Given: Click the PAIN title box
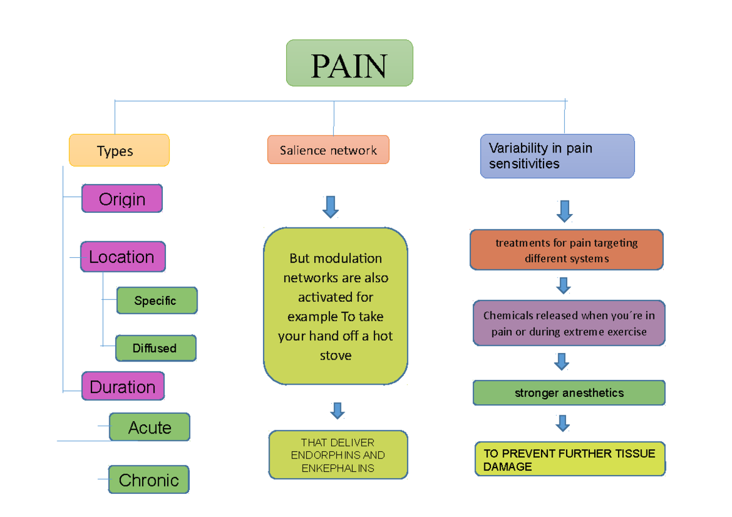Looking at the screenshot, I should pyautogui.click(x=350, y=63).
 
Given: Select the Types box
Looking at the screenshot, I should pyautogui.click(x=119, y=151).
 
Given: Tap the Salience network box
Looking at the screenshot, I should pyautogui.click(x=328, y=150).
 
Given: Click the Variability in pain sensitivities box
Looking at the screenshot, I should pyautogui.click(x=557, y=156).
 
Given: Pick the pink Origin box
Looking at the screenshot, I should pyautogui.click(x=122, y=199).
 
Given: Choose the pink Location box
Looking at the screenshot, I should pyautogui.click(x=122, y=257).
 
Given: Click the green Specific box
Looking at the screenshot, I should pyautogui.click(x=156, y=301).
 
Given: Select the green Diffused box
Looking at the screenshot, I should pyautogui.click(x=156, y=348).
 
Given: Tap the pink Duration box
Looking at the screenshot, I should pyautogui.click(x=123, y=387).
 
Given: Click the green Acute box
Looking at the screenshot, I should pyautogui.click(x=149, y=427).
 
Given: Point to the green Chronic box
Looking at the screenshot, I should pyautogui.click(x=149, y=480).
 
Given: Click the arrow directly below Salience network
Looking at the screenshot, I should pyautogui.click(x=331, y=207).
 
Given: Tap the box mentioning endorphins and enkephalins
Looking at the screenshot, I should pyautogui.click(x=338, y=455).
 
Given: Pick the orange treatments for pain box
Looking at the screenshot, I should pyautogui.click(x=566, y=251).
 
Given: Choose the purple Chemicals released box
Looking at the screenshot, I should pyautogui.click(x=569, y=324).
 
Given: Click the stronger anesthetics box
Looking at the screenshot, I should pyautogui.click(x=569, y=393).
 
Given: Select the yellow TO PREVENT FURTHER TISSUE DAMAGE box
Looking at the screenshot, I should pyautogui.click(x=570, y=460).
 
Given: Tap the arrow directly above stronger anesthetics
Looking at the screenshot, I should pyautogui.click(x=561, y=362).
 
